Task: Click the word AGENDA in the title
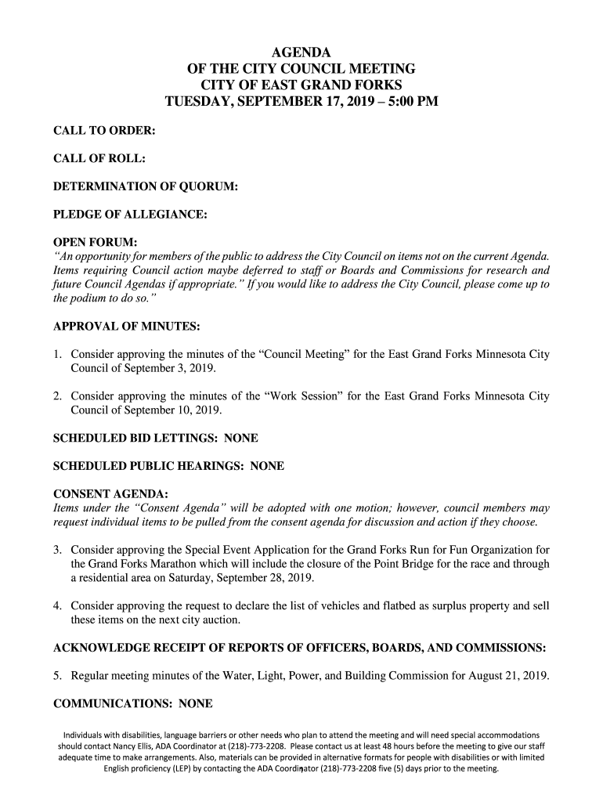pyautogui.click(x=301, y=53)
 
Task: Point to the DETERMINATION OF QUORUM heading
pyautogui.click(x=145, y=186)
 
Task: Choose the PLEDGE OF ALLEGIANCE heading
pyautogui.click(x=129, y=215)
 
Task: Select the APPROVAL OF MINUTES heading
pyautogui.click(x=126, y=326)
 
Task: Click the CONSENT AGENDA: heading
pyautogui.click(x=110, y=494)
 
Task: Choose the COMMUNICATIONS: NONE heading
pyautogui.click(x=132, y=703)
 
